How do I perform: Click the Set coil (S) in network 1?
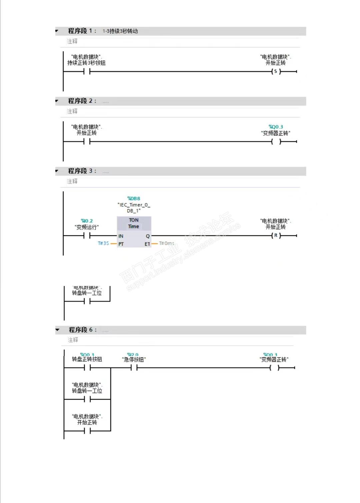tap(276, 71)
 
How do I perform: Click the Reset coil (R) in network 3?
tap(276, 235)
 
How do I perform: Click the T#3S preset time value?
tap(103, 243)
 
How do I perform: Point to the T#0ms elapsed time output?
tap(167, 243)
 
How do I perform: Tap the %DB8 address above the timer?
tap(134, 198)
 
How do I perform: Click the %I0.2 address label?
tap(87, 221)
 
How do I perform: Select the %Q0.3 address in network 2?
tap(276, 127)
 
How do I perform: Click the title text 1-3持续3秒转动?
tap(120, 31)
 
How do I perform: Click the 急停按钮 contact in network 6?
tap(134, 368)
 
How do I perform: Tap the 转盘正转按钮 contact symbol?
tap(87, 368)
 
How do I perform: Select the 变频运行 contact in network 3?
tap(87, 236)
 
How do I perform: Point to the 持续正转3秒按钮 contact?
tap(87, 71)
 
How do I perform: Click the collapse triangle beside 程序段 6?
tap(57, 330)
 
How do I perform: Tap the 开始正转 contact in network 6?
tap(87, 431)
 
